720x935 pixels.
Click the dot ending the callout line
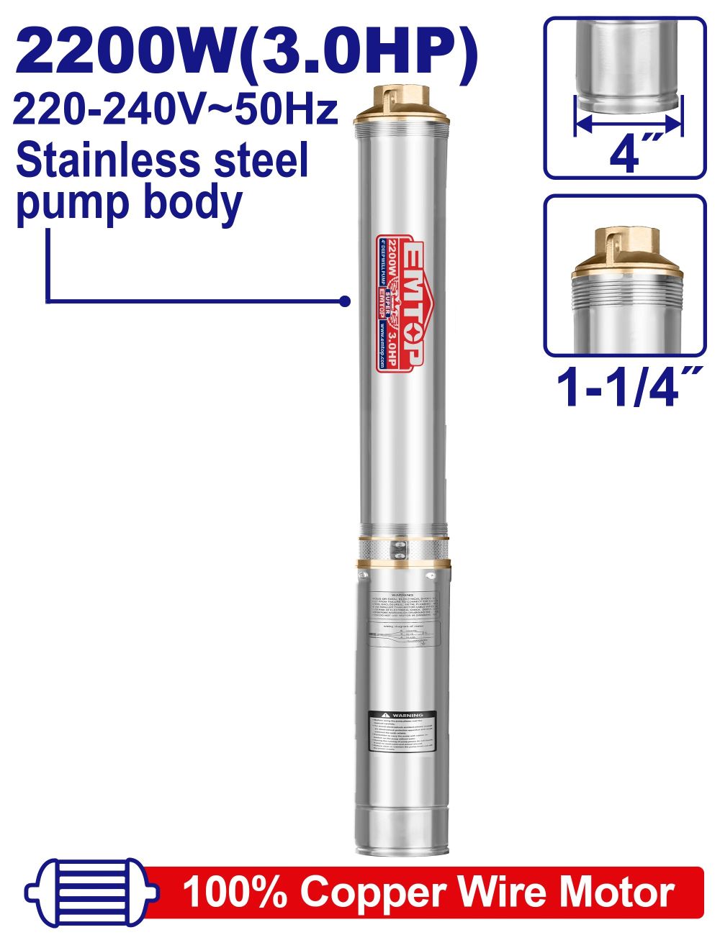coord(345,301)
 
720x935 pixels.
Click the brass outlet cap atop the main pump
coord(402,104)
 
